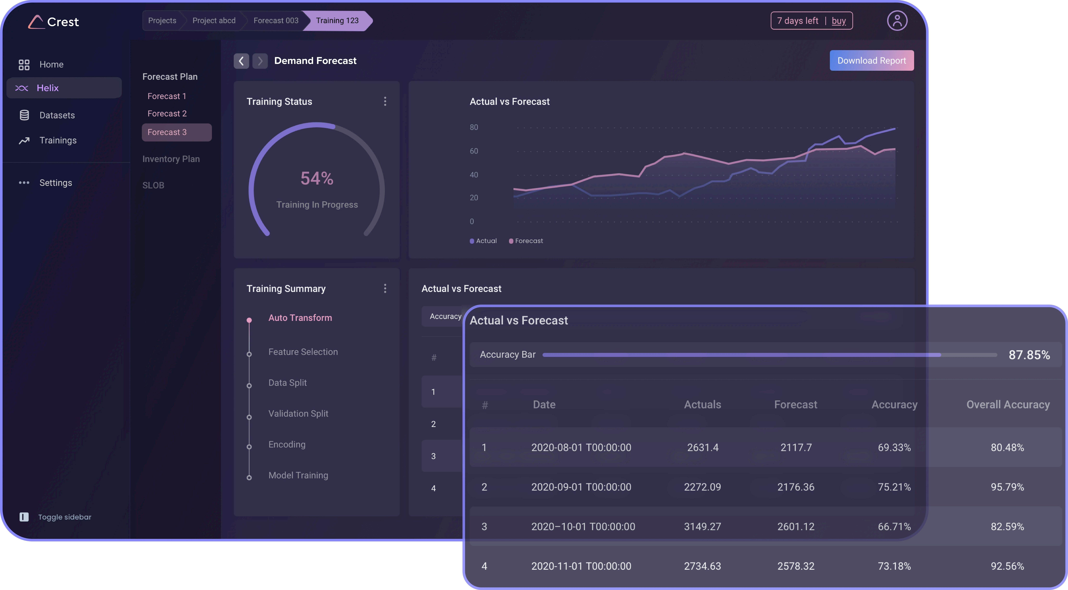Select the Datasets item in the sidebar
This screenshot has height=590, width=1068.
[x=57, y=115]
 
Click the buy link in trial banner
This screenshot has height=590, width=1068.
[x=838, y=21]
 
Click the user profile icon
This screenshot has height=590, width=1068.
[x=897, y=21]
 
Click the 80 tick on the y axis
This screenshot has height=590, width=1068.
[x=474, y=127]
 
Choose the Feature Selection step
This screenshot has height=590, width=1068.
[x=303, y=352]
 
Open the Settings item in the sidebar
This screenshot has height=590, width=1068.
[x=56, y=183]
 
